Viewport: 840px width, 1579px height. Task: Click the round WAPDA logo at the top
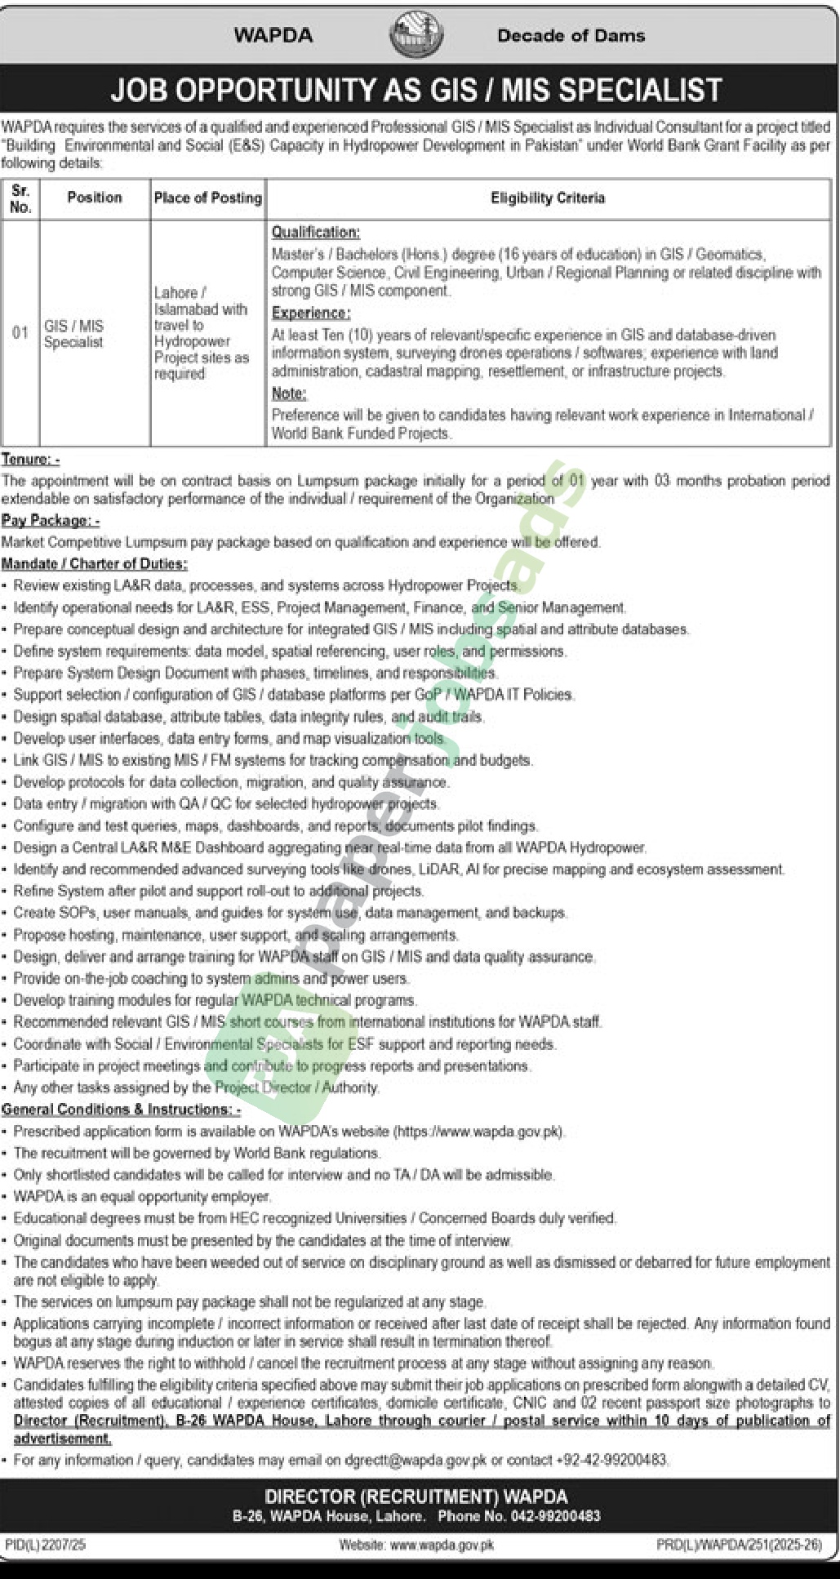pos(416,36)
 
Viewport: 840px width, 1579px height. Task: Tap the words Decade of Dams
pos(571,36)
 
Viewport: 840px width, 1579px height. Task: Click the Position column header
pos(95,198)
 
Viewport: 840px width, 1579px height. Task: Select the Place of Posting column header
pos(208,198)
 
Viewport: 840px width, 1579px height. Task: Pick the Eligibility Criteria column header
pos(548,198)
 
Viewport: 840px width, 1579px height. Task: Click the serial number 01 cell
pos(20,333)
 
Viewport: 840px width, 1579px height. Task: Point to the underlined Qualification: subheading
pos(315,233)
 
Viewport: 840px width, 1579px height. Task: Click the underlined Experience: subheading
pos(311,313)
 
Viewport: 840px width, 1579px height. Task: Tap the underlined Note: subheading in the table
pos(289,394)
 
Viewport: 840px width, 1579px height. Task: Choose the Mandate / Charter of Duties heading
pos(95,564)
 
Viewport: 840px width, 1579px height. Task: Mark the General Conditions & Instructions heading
pos(122,1110)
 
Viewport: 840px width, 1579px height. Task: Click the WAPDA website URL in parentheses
pos(479,1132)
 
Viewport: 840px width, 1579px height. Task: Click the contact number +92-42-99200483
pos(611,1460)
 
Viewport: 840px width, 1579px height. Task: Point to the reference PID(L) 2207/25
pos(45,1545)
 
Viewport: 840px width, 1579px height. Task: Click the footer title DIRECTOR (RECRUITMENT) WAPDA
pos(416,1497)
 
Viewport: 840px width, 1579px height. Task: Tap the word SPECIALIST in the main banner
pos(612,90)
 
